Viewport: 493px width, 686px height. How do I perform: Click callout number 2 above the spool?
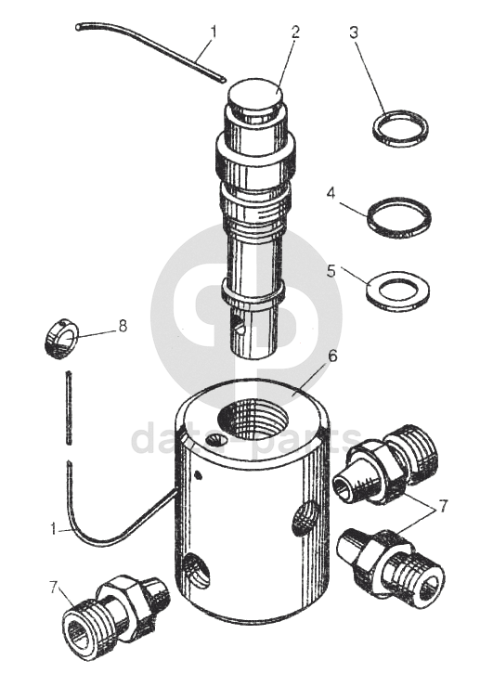tap(295, 32)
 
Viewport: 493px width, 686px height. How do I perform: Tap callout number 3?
tap(354, 32)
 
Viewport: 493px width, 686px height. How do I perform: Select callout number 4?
tap(331, 192)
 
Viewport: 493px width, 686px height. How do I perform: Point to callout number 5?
tap(331, 270)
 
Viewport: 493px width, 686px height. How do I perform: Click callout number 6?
tap(332, 356)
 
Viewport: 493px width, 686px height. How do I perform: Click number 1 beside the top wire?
tap(214, 32)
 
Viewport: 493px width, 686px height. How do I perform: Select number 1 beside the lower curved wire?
tap(53, 529)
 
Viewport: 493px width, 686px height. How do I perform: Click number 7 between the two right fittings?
tap(443, 506)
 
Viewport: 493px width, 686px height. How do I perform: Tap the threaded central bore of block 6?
tap(253, 421)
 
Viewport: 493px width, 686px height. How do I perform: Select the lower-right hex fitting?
tap(392, 564)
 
